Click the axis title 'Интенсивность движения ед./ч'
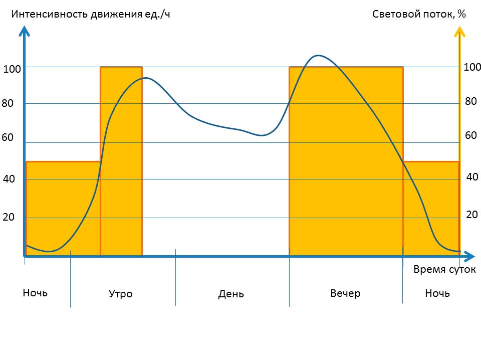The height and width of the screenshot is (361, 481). point(91,14)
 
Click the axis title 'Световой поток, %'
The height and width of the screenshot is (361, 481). point(419,14)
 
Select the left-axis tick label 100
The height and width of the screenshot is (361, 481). point(12,69)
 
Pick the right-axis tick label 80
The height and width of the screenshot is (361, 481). point(470,101)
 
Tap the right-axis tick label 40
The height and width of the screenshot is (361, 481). point(472,176)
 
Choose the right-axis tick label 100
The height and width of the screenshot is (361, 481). point(472,67)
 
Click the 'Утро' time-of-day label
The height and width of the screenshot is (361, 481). point(121,294)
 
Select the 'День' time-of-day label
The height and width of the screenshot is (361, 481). point(231,294)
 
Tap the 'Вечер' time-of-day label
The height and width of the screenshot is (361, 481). point(345,293)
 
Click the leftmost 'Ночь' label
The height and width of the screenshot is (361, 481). point(35,292)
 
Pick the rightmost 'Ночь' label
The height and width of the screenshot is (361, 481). point(437,293)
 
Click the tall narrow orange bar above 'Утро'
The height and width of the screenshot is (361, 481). point(121,160)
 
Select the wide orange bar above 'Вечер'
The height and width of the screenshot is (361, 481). point(346,160)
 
